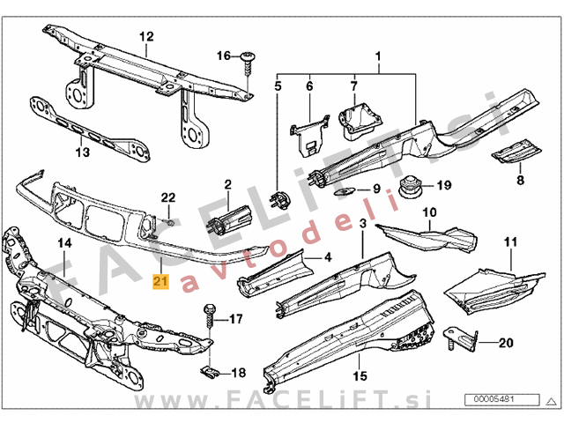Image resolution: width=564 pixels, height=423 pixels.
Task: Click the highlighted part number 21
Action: [x=159, y=282]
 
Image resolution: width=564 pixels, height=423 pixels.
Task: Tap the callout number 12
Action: [x=145, y=36]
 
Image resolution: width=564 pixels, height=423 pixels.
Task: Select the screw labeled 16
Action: [x=248, y=58]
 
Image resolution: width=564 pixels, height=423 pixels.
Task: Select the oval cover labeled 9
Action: [x=346, y=190]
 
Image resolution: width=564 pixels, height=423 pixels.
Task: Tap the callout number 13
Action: [x=82, y=152]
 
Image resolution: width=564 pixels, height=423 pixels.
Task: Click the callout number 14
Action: [x=63, y=242]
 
